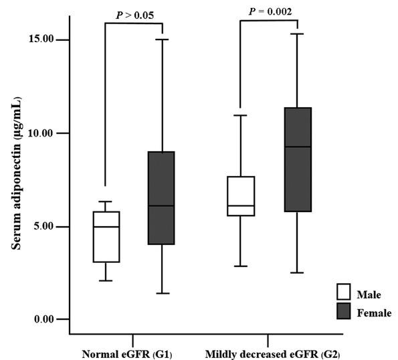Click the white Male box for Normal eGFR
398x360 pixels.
[106, 237]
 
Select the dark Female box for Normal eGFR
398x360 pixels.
[161, 198]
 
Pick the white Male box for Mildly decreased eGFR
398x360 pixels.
[240, 196]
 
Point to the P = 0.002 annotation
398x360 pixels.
[270, 11]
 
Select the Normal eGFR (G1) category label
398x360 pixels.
[127, 353]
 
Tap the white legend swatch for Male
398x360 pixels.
[344, 292]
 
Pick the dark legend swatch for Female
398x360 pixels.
[344, 311]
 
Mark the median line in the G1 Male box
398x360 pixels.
[106, 227]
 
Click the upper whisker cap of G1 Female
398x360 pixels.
[161, 39]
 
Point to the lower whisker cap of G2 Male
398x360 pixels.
[240, 266]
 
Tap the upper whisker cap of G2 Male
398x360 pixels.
[240, 115]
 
